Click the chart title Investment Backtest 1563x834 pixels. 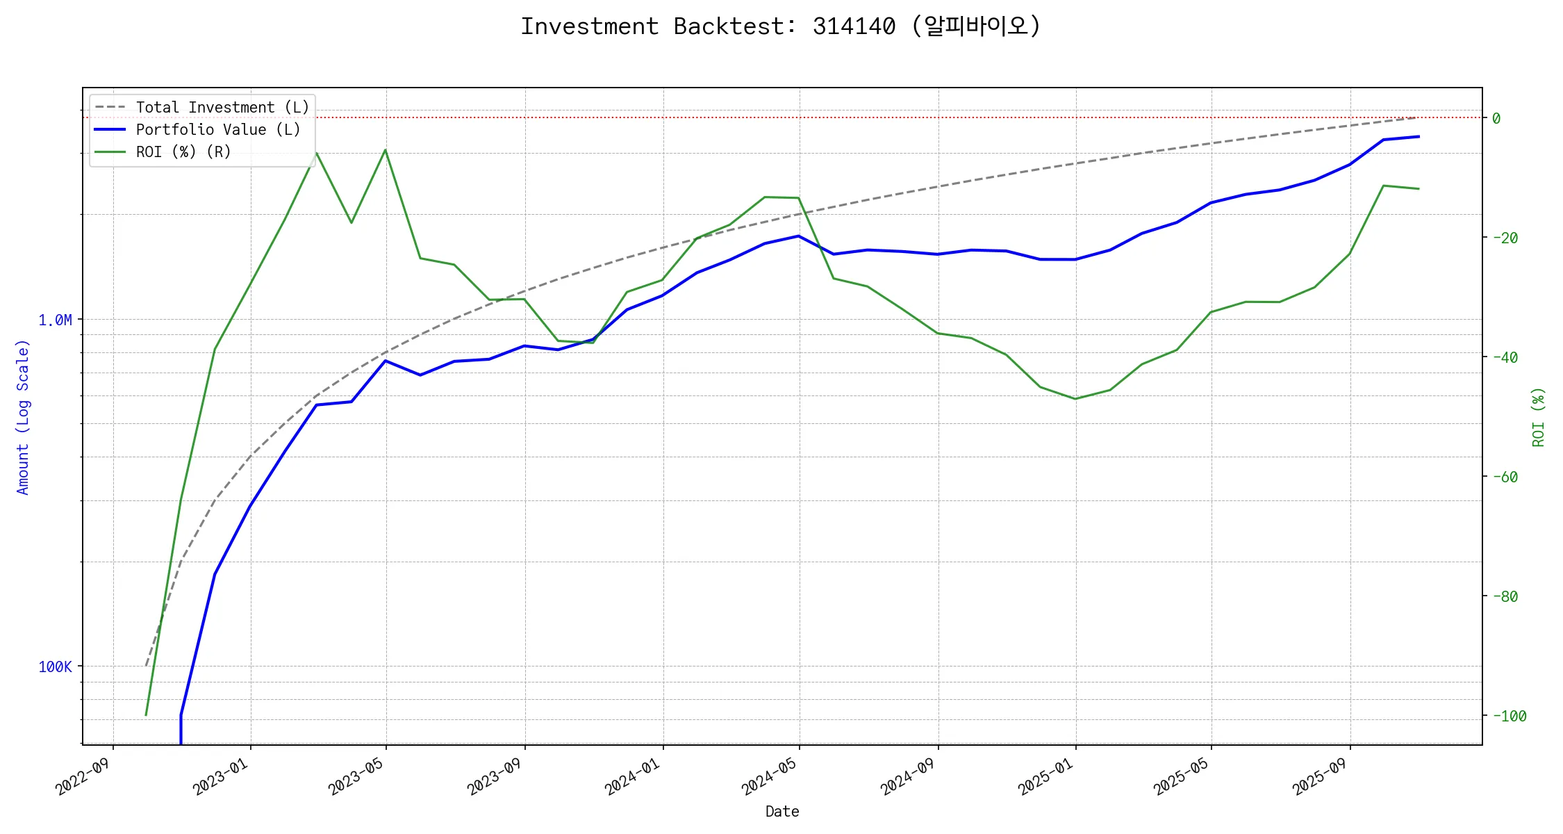tap(781, 26)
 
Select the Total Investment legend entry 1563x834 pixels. tap(222, 108)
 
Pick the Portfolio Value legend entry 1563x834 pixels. tap(218, 130)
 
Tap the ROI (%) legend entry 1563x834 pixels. tap(183, 152)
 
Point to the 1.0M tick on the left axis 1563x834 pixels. tap(55, 320)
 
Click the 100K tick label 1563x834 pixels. tap(55, 667)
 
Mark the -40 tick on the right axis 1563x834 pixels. tap(1505, 358)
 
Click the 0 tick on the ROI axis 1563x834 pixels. tap(1496, 119)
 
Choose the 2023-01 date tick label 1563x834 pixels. tap(220, 776)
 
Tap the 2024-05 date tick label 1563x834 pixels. tap(769, 776)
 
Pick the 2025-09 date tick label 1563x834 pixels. tap(1320, 776)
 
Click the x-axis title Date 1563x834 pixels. tap(782, 812)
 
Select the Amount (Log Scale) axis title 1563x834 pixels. tap(23, 417)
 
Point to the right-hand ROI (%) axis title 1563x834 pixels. tap(1539, 417)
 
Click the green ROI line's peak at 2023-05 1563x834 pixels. tap(386, 150)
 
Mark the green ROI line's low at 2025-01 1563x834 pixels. tap(1075, 399)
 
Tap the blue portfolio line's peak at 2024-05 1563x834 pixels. tap(799, 236)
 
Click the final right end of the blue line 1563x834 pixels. tap(1419, 137)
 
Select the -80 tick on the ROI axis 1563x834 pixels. tap(1505, 597)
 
